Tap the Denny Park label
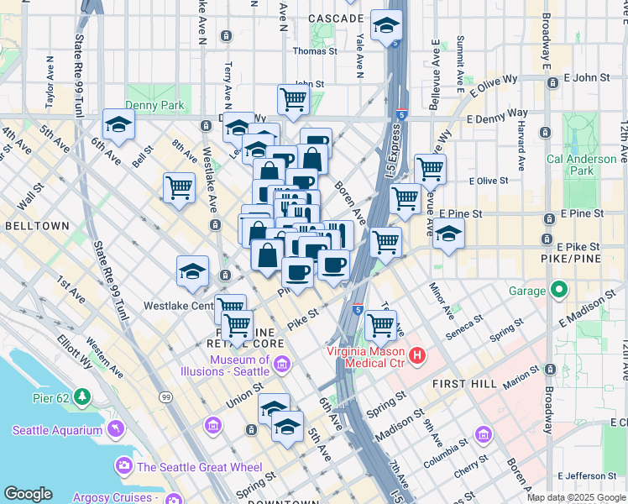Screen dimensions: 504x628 [154, 106]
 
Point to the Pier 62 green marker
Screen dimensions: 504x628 [82, 396]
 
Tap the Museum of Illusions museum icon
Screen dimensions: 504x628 [281, 364]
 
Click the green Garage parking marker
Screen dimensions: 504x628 [560, 291]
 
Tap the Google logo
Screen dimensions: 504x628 [28, 493]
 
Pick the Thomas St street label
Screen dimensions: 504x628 [314, 50]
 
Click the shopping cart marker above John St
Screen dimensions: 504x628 [294, 99]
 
